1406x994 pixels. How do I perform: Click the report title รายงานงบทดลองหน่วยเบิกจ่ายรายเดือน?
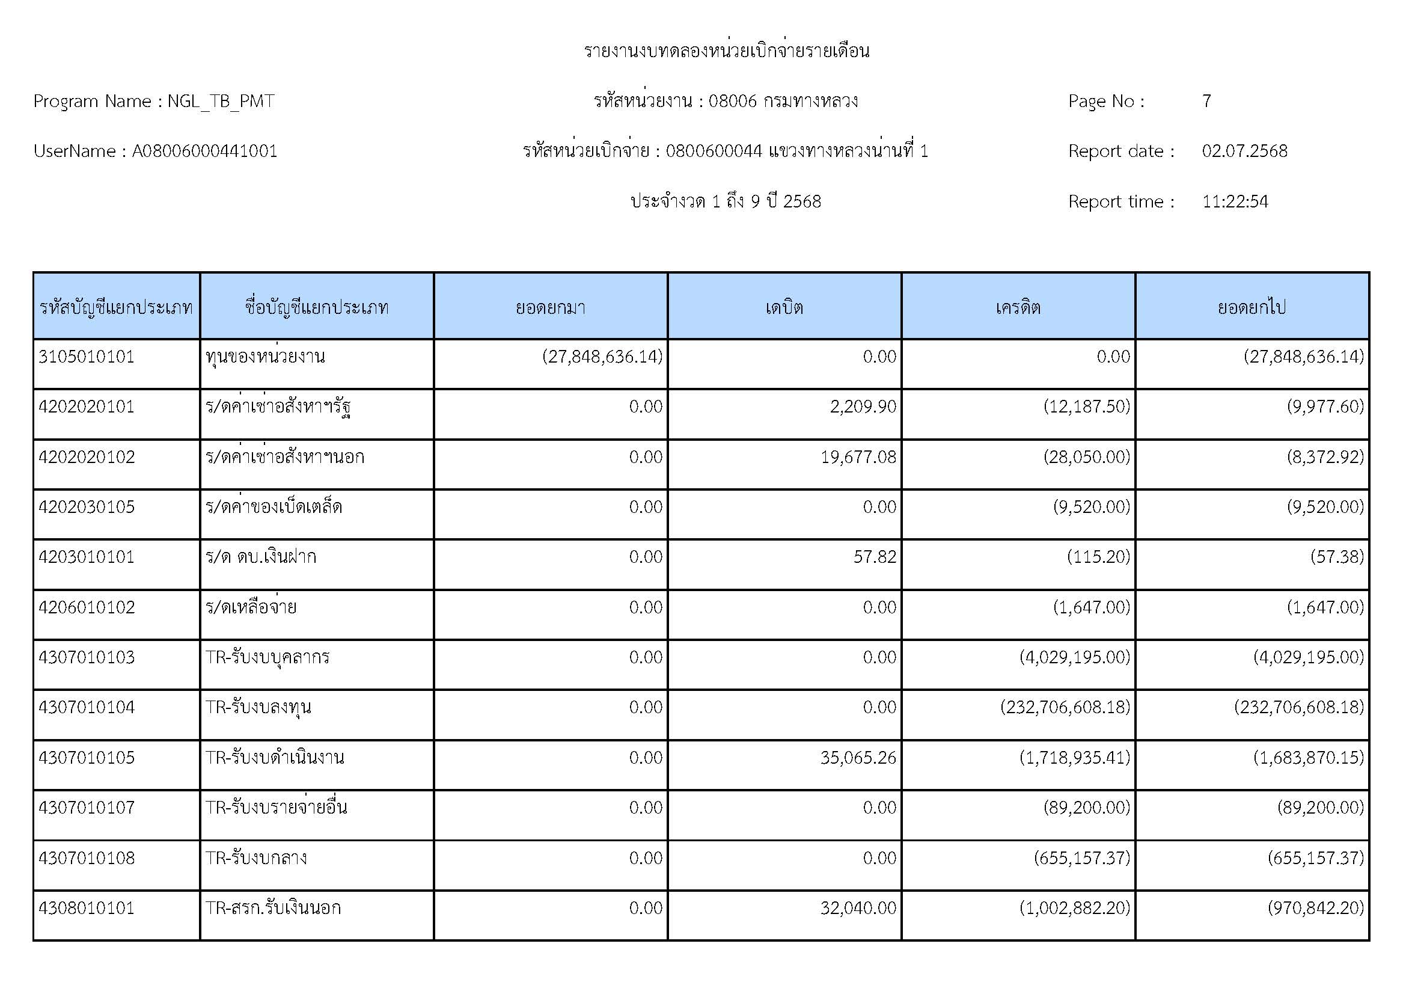726,51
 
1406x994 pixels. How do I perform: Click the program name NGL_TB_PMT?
221,101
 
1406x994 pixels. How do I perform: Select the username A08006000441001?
204,152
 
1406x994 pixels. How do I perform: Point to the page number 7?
1206,101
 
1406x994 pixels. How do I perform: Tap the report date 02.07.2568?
1244,152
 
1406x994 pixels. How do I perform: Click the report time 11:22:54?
1235,201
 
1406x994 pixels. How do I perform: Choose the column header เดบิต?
784,307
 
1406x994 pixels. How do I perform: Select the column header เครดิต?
1018,307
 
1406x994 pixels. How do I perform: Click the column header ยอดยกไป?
1252,307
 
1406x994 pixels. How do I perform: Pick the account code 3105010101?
87,357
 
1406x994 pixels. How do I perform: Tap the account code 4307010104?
87,707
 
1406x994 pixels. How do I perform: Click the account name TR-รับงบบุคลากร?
267,657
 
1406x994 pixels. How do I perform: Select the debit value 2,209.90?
863,406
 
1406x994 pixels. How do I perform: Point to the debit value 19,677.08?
858,457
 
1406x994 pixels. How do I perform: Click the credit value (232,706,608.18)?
1065,707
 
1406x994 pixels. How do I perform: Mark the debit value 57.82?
875,557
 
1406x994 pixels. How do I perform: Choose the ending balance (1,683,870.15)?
1308,758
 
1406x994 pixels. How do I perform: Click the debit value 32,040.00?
858,907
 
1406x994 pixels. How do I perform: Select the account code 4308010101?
87,907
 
